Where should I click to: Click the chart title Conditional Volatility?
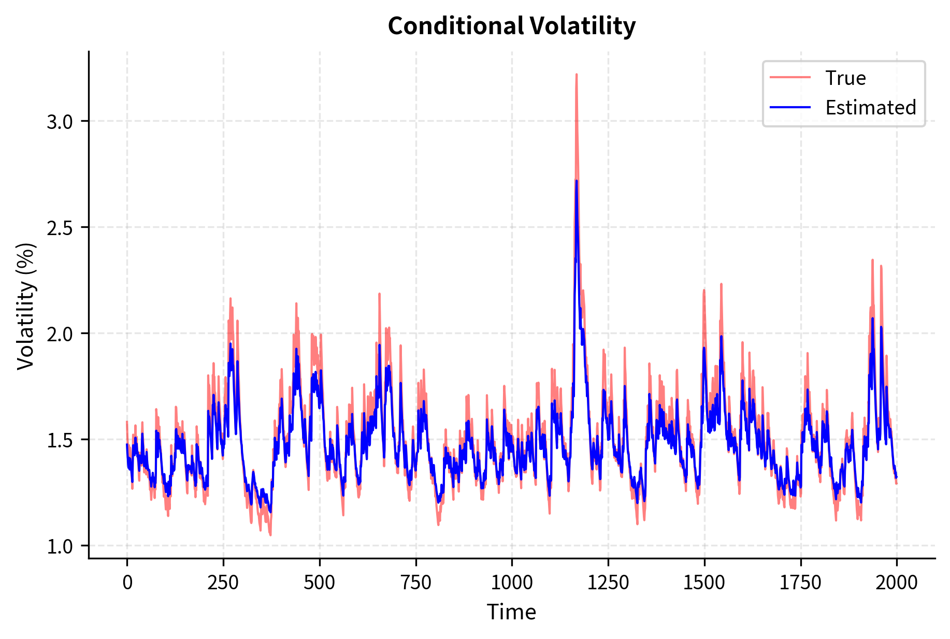click(x=511, y=26)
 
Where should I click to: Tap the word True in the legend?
click(x=845, y=78)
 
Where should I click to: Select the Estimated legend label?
click(x=870, y=108)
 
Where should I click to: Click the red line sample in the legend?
click(x=790, y=78)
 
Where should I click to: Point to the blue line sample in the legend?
click(x=790, y=107)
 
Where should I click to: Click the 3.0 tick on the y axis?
click(x=60, y=122)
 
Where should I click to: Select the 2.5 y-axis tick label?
click(x=60, y=228)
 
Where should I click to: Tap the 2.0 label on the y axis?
click(x=60, y=335)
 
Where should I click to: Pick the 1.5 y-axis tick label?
click(x=60, y=441)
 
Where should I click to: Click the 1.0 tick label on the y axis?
click(x=60, y=547)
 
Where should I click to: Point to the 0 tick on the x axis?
click(x=127, y=583)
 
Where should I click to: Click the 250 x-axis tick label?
click(x=223, y=583)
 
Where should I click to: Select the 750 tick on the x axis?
click(x=416, y=583)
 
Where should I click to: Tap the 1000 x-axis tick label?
click(x=512, y=583)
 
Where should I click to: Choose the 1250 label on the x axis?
click(x=608, y=583)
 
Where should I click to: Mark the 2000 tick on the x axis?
click(x=897, y=583)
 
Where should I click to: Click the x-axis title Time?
click(x=511, y=612)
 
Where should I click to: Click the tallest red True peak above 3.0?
click(x=576, y=76)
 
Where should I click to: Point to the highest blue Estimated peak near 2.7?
click(x=577, y=182)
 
